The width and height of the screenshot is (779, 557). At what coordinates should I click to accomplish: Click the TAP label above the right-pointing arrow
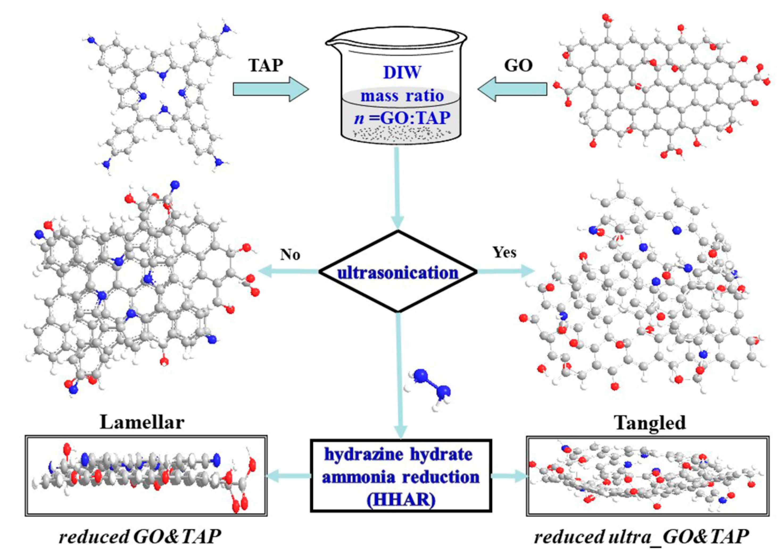click(266, 65)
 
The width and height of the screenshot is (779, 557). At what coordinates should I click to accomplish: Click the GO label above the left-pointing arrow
click(518, 65)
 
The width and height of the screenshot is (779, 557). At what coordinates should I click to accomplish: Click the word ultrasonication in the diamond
click(398, 273)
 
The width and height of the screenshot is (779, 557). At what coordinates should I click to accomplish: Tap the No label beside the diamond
click(290, 254)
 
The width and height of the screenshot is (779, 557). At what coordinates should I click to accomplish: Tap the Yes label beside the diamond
click(504, 252)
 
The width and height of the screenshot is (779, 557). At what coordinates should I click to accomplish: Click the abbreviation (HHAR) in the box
click(401, 500)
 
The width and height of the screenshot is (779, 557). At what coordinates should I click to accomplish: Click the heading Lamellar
click(142, 422)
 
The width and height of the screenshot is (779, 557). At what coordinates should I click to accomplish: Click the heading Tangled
click(650, 422)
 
